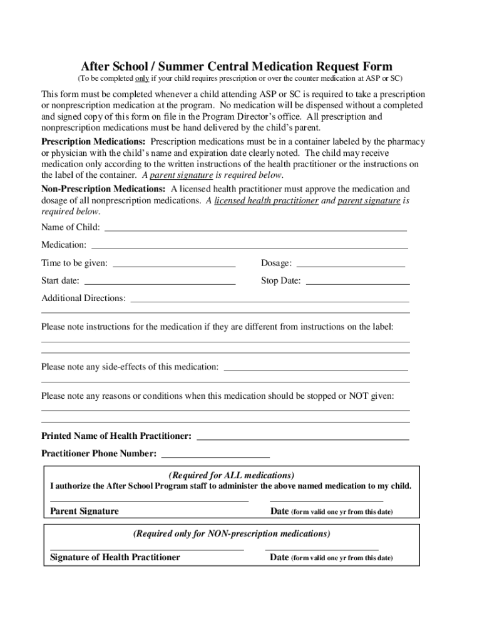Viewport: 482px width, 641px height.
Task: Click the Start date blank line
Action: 160,284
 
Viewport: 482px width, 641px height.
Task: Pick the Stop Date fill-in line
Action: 357,284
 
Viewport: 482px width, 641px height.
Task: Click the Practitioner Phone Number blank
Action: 215,457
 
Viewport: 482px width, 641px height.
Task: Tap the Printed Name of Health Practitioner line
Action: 303,439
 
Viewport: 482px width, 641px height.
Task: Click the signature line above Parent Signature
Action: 149,501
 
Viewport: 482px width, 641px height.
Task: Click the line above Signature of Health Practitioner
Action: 146,548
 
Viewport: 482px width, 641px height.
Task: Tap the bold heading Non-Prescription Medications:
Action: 103,188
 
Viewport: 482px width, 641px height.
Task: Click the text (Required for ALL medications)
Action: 232,475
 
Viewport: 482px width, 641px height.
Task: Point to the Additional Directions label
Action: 83,298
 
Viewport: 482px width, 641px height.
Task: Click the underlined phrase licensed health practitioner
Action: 267,200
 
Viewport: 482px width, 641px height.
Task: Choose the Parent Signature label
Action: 84,511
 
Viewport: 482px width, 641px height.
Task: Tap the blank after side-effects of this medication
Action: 316,369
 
